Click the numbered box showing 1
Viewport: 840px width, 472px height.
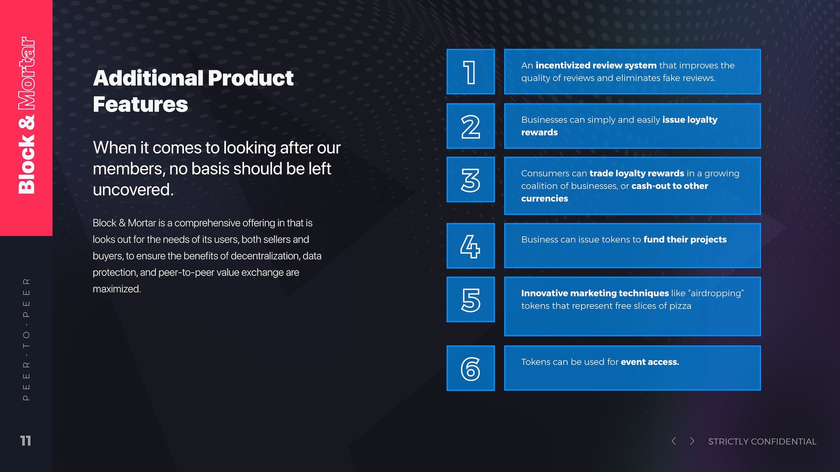pos(470,72)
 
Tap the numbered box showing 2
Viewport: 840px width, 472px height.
pos(470,126)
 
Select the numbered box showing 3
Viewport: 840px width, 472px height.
pos(470,180)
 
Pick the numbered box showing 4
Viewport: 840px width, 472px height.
pos(470,246)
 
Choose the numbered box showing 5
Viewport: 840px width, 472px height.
pos(470,299)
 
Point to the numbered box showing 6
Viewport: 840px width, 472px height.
pos(470,368)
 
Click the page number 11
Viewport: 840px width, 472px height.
pos(26,441)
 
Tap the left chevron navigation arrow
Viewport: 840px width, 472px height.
pos(674,441)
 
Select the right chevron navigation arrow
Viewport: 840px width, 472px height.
pos(692,441)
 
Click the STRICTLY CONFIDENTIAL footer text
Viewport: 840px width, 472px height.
pos(762,441)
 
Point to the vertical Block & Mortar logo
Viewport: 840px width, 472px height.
pos(26,115)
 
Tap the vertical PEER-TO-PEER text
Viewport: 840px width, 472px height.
pos(26,339)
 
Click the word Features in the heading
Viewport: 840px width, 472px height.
pos(140,104)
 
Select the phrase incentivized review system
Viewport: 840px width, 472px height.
pos(596,66)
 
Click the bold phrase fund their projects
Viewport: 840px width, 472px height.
pos(685,239)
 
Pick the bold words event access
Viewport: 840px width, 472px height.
pos(650,362)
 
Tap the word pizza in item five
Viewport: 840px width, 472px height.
pos(680,306)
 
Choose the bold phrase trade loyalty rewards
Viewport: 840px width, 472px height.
pos(637,174)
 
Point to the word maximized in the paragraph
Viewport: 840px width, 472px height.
pos(116,289)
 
